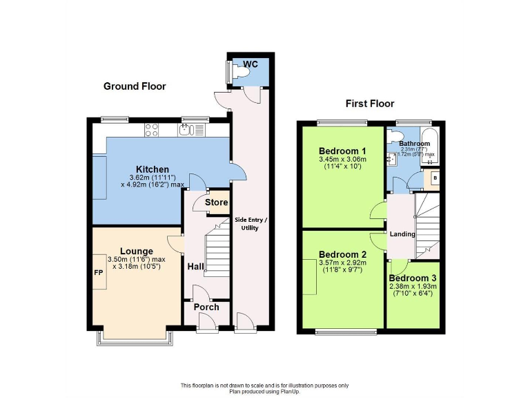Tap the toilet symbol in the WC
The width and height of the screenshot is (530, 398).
(x=240, y=70)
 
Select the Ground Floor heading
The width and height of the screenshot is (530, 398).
(x=135, y=86)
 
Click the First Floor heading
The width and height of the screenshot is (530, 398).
(x=370, y=104)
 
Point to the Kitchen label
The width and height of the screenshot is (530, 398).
(x=153, y=169)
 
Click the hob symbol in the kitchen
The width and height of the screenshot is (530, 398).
(x=153, y=129)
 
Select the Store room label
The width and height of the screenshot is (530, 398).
(x=216, y=202)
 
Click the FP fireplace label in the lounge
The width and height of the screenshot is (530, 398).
(x=98, y=272)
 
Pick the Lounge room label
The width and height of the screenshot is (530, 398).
(x=137, y=251)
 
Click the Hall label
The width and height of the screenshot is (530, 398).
(x=195, y=266)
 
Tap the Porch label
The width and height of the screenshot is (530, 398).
(x=206, y=307)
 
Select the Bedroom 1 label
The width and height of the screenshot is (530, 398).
(x=342, y=151)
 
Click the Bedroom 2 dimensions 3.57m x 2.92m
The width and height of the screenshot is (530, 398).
(x=342, y=263)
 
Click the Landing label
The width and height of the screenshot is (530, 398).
(x=402, y=234)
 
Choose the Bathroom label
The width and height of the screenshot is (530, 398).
(x=415, y=144)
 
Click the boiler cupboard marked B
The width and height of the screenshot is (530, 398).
(x=434, y=178)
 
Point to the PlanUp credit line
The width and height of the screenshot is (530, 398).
(x=264, y=391)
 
